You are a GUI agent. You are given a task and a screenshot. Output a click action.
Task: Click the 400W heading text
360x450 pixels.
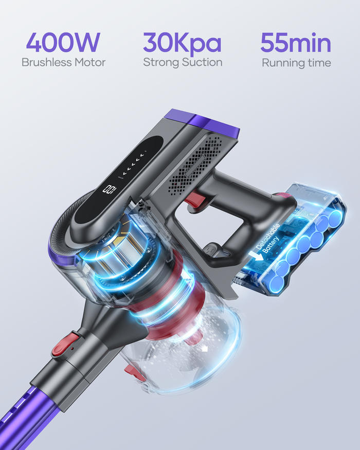point(62,43)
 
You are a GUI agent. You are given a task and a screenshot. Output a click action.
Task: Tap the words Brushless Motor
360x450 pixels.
point(63,63)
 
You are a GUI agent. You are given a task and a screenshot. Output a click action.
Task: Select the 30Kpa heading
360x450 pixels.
point(182,43)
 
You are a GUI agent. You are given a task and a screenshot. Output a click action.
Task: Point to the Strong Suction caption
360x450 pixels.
point(183,63)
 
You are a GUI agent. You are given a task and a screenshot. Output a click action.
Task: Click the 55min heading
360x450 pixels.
point(296,43)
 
